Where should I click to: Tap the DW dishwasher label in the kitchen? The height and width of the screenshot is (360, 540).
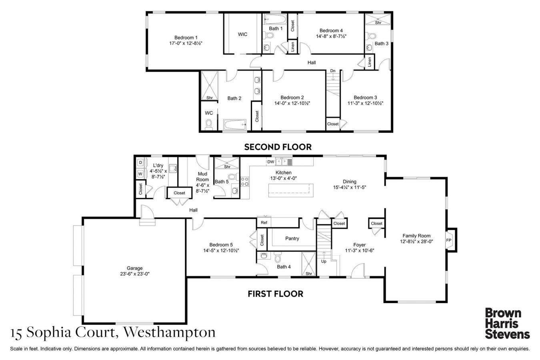(x=271, y=162)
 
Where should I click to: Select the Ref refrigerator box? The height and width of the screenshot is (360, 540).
(x=264, y=222)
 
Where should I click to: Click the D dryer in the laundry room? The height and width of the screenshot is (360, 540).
(x=140, y=163)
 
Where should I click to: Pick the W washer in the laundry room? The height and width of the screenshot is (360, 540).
(x=140, y=174)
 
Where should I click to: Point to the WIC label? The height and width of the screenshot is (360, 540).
(x=242, y=34)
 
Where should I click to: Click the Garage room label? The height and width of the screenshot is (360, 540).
(x=135, y=268)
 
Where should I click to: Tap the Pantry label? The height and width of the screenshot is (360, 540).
(x=292, y=238)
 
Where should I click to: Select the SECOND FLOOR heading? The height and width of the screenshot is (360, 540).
(x=278, y=147)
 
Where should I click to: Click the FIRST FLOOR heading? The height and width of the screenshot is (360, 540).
(x=275, y=294)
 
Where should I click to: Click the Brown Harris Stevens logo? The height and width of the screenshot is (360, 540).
(x=507, y=323)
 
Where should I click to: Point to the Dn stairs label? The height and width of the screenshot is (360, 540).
(x=332, y=71)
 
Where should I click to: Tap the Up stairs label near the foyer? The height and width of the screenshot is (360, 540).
(x=324, y=261)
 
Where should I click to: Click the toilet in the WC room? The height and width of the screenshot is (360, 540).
(x=208, y=125)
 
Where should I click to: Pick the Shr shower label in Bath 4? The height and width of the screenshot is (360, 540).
(x=308, y=274)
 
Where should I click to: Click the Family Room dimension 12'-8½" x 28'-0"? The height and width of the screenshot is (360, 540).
(x=416, y=241)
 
